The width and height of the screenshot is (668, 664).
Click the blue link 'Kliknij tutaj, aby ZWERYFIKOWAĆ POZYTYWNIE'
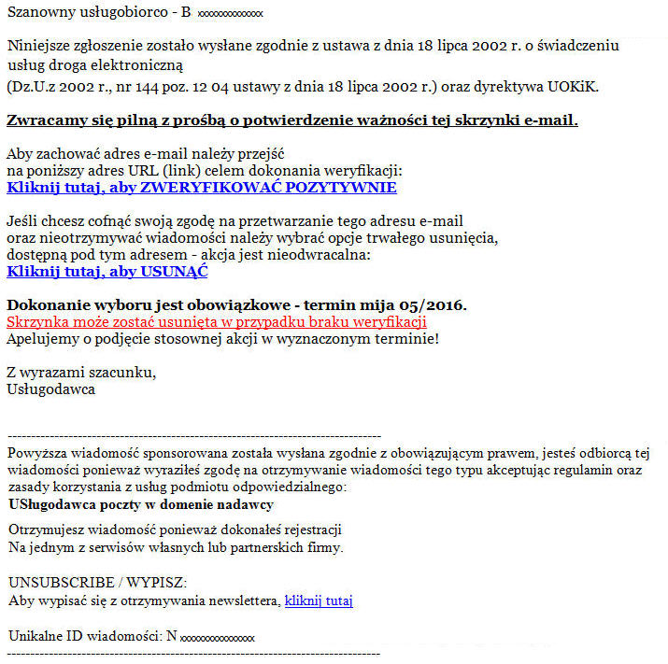pyautogui.click(x=201, y=188)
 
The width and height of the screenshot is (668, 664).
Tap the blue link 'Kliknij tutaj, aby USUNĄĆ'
pyautogui.click(x=107, y=272)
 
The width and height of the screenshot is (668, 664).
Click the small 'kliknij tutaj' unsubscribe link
pyautogui.click(x=319, y=600)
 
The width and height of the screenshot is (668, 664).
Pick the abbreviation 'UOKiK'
pyautogui.click(x=576, y=87)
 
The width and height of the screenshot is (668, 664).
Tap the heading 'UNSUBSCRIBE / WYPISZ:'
pyautogui.click(x=97, y=582)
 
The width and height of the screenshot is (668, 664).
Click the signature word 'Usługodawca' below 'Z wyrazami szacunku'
pyautogui.click(x=50, y=389)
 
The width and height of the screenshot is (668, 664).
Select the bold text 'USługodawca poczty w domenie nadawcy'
pyautogui.click(x=141, y=504)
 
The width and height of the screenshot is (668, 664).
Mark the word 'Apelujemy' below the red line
pyautogui.click(x=39, y=337)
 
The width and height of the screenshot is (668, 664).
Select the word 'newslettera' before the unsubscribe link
pyautogui.click(x=244, y=600)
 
